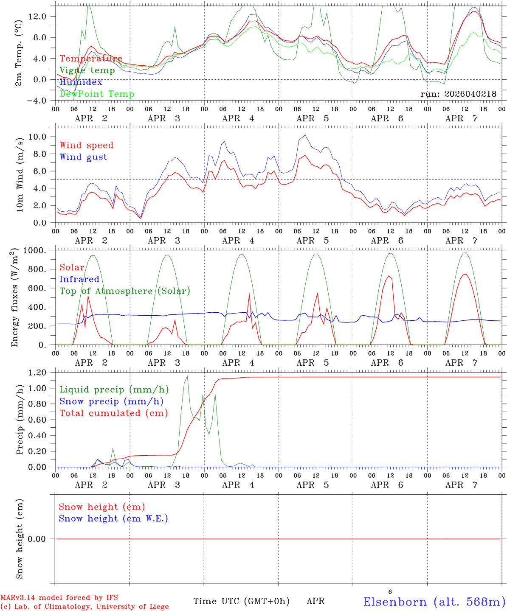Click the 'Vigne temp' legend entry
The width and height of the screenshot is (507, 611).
tap(87, 70)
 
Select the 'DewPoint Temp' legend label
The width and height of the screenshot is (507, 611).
tap(97, 94)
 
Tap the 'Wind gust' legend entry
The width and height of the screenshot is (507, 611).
tap(83, 157)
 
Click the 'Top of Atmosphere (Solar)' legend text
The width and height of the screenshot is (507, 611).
tap(125, 291)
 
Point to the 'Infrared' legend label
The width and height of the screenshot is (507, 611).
tap(79, 279)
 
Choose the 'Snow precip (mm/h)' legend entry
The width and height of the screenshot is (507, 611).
tap(111, 401)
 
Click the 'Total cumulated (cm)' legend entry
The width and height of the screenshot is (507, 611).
tap(113, 413)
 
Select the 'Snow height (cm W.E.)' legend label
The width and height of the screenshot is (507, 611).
tap(113, 519)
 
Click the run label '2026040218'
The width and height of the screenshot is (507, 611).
tap(458, 94)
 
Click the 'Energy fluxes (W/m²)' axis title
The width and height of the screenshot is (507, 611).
tap(15, 297)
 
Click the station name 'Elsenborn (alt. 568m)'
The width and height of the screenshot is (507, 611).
tap(434, 602)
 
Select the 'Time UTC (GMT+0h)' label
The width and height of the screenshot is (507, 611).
tap(241, 601)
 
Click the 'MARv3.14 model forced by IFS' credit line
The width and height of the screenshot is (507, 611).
tap(59, 598)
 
